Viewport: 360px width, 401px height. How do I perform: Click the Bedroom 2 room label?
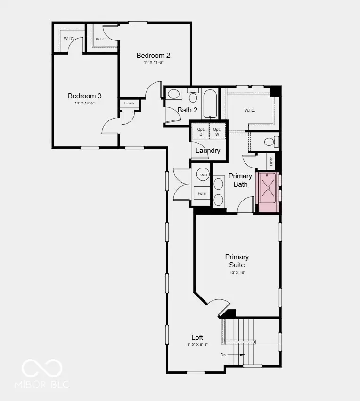click(153, 55)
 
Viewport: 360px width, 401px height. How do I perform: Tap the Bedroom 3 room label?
click(84, 96)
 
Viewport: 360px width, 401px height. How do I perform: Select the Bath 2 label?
click(188, 110)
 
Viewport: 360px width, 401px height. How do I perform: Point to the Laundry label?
click(208, 151)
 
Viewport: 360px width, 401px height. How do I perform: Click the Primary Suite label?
click(237, 261)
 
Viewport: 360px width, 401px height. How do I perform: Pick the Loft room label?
click(197, 337)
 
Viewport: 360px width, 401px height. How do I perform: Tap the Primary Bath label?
click(240, 180)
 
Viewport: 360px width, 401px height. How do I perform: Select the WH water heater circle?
click(204, 175)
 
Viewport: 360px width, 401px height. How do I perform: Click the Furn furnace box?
click(202, 193)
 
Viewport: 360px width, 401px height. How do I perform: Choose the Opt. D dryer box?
click(200, 132)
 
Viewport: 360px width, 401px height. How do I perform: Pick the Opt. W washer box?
click(217, 132)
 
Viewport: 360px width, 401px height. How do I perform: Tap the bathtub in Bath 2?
click(210, 104)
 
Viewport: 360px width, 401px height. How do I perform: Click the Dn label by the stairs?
click(223, 355)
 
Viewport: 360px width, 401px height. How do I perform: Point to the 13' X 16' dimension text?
click(237, 273)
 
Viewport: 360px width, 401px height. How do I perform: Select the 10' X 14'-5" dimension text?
click(84, 104)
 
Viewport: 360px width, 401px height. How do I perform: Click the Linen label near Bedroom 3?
click(129, 103)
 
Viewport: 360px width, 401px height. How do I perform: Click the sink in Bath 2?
click(173, 94)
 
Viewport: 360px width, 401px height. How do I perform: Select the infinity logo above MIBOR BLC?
click(42, 368)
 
